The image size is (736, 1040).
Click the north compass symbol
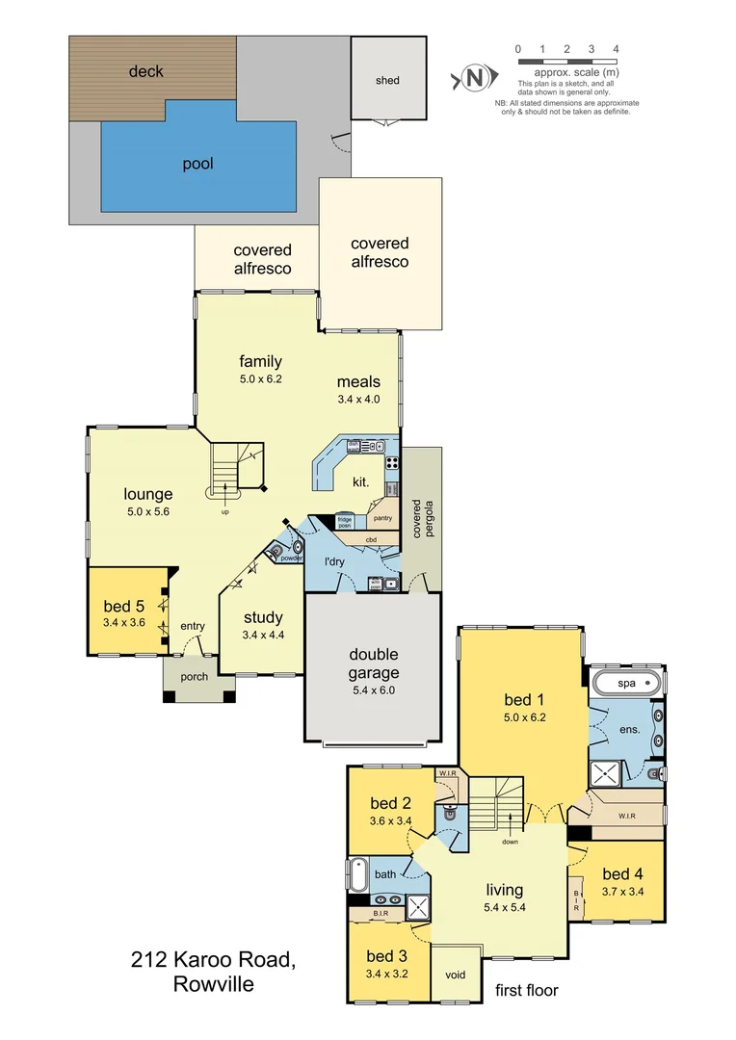[x=473, y=78]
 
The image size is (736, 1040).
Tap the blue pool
[x=197, y=164]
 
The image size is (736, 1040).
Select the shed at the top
[x=387, y=80]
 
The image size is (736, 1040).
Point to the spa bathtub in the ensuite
[x=626, y=684]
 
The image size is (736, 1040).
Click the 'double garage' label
[x=373, y=664]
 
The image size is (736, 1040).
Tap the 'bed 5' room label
[x=125, y=607]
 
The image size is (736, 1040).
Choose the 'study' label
[x=262, y=618]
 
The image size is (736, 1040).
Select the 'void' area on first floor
[x=456, y=975]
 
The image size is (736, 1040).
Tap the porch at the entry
[x=195, y=677]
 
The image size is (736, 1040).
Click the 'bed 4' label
[x=621, y=874]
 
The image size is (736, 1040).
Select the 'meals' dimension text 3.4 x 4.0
[x=358, y=399]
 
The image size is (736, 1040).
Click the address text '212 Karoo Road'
[x=212, y=960]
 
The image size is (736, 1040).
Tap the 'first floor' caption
[x=526, y=990]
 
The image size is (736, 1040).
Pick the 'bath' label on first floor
[x=385, y=874]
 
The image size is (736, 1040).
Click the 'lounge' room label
[x=147, y=496]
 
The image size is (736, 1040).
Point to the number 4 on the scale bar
[x=616, y=48]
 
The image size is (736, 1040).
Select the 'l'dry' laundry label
[x=334, y=561]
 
